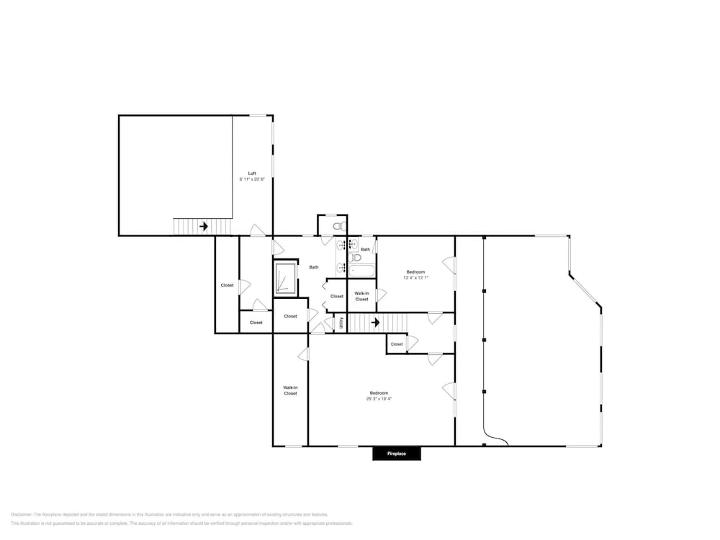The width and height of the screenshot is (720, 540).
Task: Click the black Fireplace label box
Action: [397, 454]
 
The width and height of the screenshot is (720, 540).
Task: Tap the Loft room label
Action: [252, 174]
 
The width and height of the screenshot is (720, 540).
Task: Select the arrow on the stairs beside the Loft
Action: [204, 226]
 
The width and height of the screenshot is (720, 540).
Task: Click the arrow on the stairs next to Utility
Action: [375, 323]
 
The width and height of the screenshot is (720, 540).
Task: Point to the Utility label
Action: [341, 323]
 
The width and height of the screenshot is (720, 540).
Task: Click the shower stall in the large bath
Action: [284, 279]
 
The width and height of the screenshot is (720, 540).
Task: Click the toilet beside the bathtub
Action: [355, 257]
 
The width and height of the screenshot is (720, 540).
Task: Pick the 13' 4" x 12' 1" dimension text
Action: [415, 278]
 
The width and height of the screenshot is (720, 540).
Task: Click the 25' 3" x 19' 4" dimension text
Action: [379, 398]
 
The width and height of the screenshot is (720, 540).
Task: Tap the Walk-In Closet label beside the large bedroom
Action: [290, 390]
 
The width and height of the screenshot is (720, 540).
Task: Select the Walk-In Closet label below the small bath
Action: [361, 296]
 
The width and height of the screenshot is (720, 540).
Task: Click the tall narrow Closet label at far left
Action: [227, 285]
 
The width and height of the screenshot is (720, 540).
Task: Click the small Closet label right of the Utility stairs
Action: [397, 344]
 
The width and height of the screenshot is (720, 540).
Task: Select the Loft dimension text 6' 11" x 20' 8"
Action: [252, 179]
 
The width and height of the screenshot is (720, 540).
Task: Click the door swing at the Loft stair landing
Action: [257, 231]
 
